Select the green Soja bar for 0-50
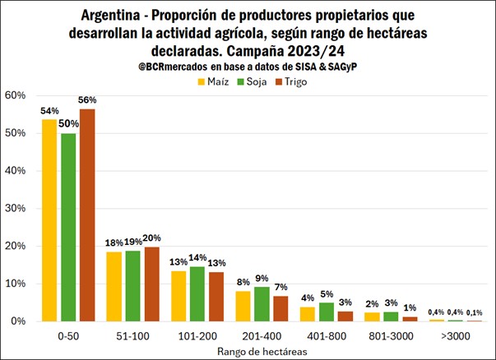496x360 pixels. (68, 227)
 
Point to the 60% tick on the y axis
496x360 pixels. (16, 95)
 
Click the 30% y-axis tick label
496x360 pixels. (16, 208)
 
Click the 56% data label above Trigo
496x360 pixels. (88, 99)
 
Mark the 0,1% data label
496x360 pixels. (475, 312)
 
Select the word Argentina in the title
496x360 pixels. (114, 15)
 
